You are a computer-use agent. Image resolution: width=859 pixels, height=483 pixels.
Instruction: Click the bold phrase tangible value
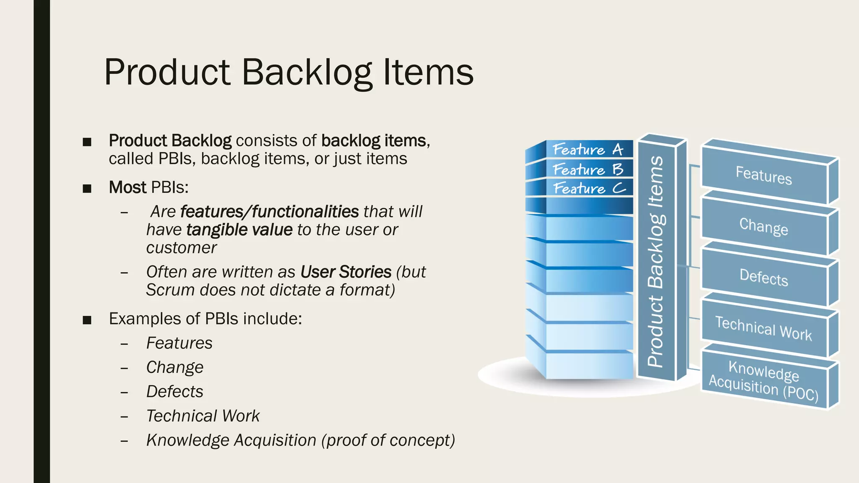coord(239,230)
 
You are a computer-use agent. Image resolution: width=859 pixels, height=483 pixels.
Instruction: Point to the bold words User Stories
coord(346,272)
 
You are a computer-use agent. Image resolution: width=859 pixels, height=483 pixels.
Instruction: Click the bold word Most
coord(128,187)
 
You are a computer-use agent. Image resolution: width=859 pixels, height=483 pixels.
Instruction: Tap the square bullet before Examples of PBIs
coord(87,320)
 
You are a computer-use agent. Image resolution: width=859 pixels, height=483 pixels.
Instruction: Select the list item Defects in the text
coord(174,392)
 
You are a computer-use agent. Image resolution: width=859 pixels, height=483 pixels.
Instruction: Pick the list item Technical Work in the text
coord(203,416)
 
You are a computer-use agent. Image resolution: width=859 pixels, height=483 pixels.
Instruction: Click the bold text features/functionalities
coord(269,212)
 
